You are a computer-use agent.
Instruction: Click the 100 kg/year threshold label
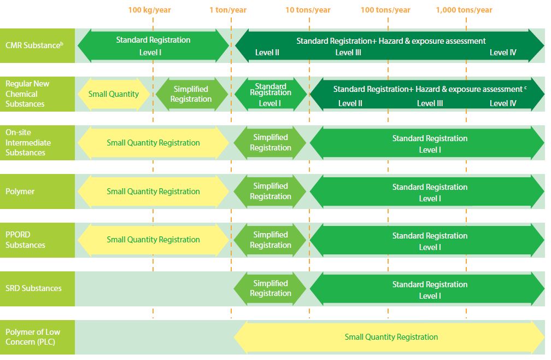coord(149,10)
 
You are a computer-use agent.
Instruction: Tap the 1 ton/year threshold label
coord(228,10)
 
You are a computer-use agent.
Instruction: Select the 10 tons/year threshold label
coord(308,10)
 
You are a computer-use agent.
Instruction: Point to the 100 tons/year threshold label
coord(385,10)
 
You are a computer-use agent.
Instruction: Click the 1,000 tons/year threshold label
coord(464,10)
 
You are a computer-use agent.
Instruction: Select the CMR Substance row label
coord(34,45)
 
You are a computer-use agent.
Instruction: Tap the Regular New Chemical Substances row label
coord(27,94)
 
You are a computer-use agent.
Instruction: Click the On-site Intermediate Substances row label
coord(28,142)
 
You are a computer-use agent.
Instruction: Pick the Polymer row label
coord(20,191)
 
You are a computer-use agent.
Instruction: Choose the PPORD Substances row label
coord(25,240)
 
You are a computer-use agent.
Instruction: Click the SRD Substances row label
coord(33,288)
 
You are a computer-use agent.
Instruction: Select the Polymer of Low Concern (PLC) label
coord(33,337)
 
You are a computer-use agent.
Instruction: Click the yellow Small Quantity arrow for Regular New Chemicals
coord(114,94)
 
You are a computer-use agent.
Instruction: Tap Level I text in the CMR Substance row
coord(150,53)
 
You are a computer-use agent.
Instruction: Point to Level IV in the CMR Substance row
coord(503,53)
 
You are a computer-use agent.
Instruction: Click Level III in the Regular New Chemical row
coord(430,103)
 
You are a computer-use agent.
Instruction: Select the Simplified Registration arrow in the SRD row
coord(270,289)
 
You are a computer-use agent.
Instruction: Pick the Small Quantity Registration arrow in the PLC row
coord(389,337)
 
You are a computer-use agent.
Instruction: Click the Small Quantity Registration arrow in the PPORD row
coord(153,240)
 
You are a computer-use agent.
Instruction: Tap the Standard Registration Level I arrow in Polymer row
coord(427,191)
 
